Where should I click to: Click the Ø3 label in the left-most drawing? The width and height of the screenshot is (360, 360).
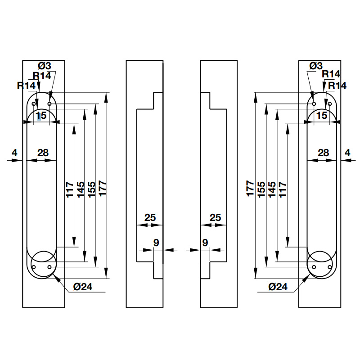(x=44, y=66)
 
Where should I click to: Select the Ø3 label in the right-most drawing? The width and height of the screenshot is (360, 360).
(x=316, y=66)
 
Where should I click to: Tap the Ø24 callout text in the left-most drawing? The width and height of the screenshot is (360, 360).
(x=83, y=287)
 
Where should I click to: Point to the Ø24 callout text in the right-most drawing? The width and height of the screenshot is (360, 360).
(x=278, y=287)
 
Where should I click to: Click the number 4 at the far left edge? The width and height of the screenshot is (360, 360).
(x=14, y=153)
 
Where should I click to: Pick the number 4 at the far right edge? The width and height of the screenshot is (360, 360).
(x=347, y=153)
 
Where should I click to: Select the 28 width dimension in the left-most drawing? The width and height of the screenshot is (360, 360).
(x=43, y=153)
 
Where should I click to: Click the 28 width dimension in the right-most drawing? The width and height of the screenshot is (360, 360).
(x=323, y=153)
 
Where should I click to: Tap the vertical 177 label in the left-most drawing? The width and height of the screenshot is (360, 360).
(x=103, y=189)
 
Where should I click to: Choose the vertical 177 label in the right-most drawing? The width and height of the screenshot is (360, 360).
(x=250, y=189)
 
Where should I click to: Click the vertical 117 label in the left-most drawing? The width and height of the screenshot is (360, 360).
(x=70, y=189)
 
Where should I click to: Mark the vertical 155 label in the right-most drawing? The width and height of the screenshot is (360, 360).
(x=261, y=189)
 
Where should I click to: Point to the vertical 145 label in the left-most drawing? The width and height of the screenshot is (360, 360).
(x=81, y=189)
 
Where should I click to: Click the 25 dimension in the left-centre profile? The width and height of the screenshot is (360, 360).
(x=150, y=218)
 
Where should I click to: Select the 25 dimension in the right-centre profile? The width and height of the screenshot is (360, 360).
(x=216, y=218)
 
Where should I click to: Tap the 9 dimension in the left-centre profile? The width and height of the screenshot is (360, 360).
(x=156, y=243)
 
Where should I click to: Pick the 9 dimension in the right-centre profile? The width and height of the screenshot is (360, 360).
(x=205, y=243)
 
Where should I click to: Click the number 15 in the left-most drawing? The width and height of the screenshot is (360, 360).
(x=41, y=116)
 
